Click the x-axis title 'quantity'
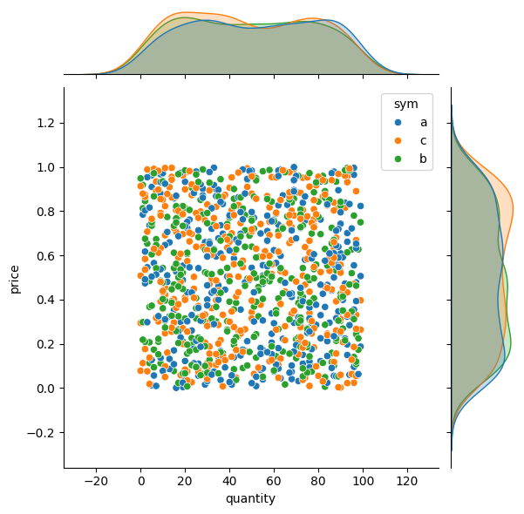pyautogui.click(x=250, y=499)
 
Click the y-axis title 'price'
pyautogui.click(x=15, y=278)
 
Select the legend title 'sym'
pyautogui.click(x=405, y=105)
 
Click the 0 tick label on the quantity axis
pyautogui.click(x=140, y=481)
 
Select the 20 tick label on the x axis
pyautogui.click(x=185, y=481)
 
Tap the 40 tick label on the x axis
pyautogui.click(x=229, y=481)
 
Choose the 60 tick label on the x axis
pyautogui.click(x=274, y=481)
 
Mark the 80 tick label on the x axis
pyautogui.click(x=318, y=481)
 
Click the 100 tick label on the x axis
pyautogui.click(x=363, y=481)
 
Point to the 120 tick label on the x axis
pyautogui.click(x=407, y=481)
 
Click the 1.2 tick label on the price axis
pyautogui.click(x=46, y=123)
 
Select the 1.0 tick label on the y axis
pyautogui.click(x=46, y=167)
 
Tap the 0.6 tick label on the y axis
pyautogui.click(x=46, y=256)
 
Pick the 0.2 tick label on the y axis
pyautogui.click(x=46, y=344)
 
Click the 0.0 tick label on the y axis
pyautogui.click(x=46, y=389)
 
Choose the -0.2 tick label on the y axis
pyautogui.click(x=42, y=433)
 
